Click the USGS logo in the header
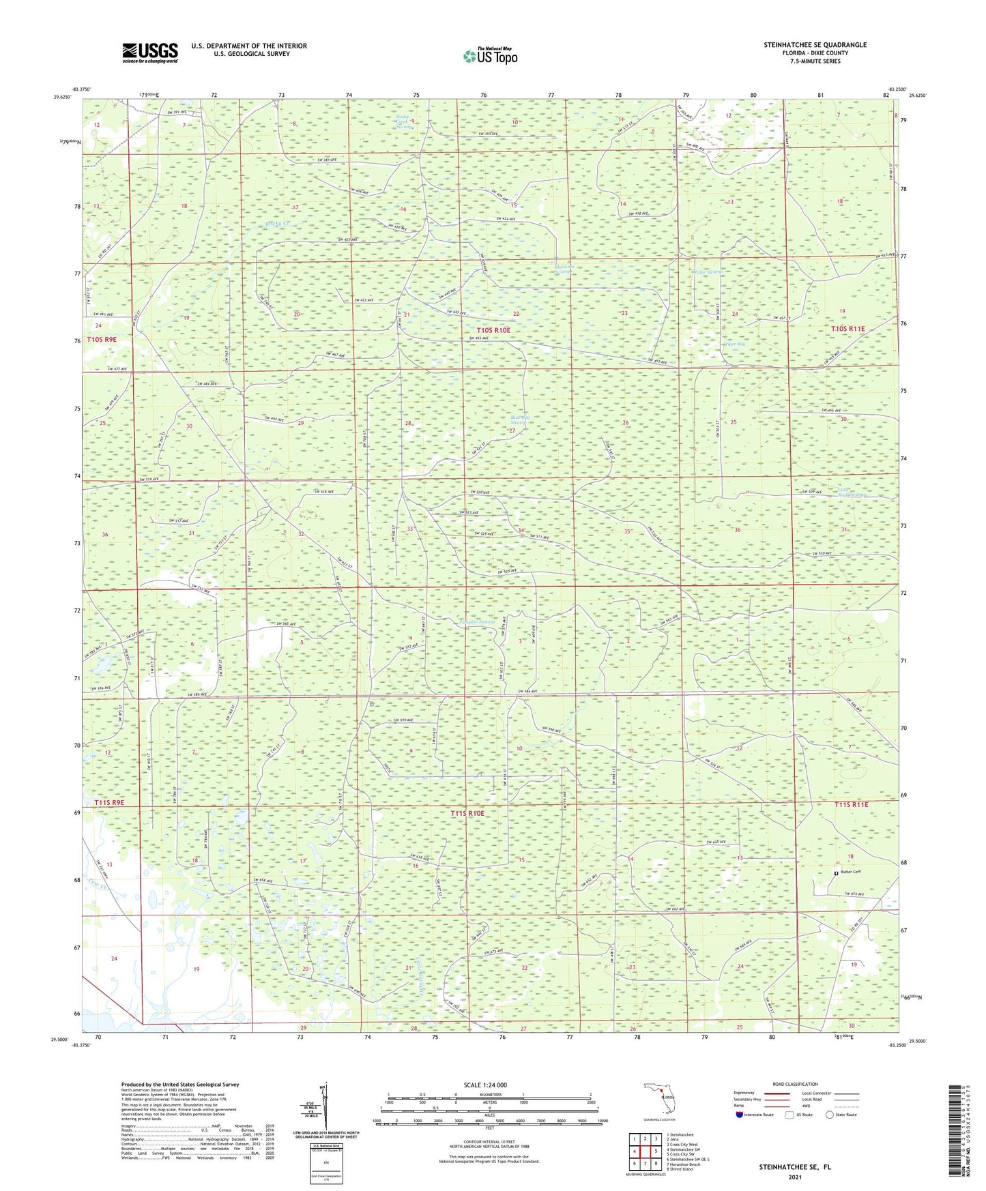pos(150,52)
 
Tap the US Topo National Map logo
pos(489,56)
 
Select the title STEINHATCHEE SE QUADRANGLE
pos(815,45)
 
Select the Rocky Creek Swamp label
pos(405,121)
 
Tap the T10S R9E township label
pos(102,339)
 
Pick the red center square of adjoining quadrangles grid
pos(645,1151)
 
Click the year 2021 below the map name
pos(794,1177)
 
